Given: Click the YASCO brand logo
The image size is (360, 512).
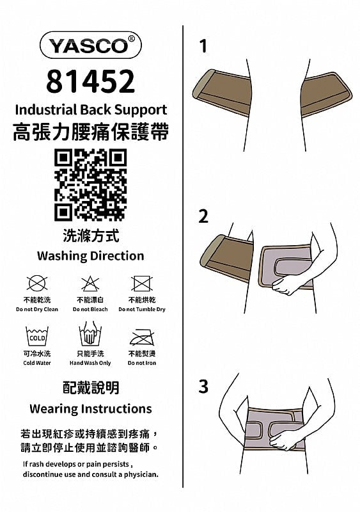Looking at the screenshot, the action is [x=90, y=45].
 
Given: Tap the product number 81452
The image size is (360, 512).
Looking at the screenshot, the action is [x=90, y=81].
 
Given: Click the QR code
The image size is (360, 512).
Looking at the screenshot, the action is [x=90, y=185].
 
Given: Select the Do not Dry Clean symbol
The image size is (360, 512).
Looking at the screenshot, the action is [x=37, y=283].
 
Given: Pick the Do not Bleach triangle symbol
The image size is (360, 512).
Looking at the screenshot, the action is [x=90, y=283].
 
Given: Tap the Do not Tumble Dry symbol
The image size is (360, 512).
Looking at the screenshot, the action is [x=142, y=283].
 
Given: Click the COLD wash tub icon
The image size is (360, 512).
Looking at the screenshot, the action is [x=37, y=336].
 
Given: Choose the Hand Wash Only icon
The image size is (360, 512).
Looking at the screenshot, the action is [x=90, y=333].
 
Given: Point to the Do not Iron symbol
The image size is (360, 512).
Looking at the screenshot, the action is [x=142, y=337].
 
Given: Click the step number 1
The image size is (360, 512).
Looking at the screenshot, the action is [x=203, y=46].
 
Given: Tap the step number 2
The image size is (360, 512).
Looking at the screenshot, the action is [x=203, y=216].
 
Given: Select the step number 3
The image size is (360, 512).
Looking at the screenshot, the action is [x=203, y=387].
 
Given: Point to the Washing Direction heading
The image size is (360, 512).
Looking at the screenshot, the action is [x=90, y=255].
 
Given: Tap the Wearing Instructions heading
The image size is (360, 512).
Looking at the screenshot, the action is [x=90, y=409].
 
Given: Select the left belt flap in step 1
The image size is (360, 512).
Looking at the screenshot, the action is [x=223, y=92].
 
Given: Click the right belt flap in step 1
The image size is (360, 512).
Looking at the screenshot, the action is [x=325, y=94].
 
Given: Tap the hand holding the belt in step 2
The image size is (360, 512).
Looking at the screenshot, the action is [x=286, y=284].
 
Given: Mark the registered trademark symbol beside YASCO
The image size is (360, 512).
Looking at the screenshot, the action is [x=131, y=38].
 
